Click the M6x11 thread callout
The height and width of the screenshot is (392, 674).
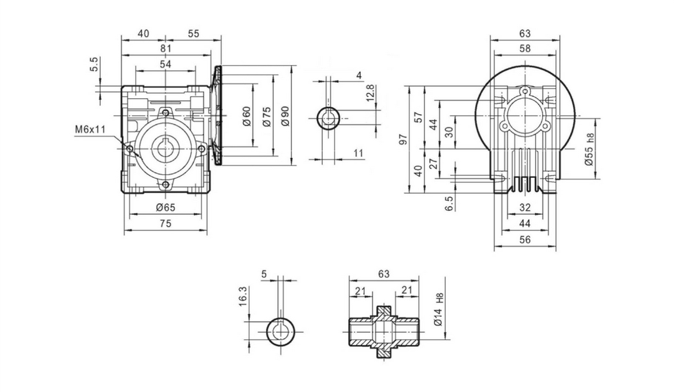coord(89,130)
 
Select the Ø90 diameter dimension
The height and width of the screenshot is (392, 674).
coord(285,115)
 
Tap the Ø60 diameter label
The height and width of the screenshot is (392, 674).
coord(247,115)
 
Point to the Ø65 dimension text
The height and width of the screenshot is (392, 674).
coord(166,208)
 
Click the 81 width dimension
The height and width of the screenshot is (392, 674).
coord(166,48)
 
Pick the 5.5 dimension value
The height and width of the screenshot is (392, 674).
coord(94,64)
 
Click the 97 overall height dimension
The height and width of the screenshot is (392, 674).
coord(402,139)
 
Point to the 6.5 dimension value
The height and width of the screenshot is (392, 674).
coord(449,203)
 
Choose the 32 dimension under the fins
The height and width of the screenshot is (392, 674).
coord(525,207)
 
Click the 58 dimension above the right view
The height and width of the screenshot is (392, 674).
coord(525,49)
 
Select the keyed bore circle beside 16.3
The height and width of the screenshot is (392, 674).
coord(281,330)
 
